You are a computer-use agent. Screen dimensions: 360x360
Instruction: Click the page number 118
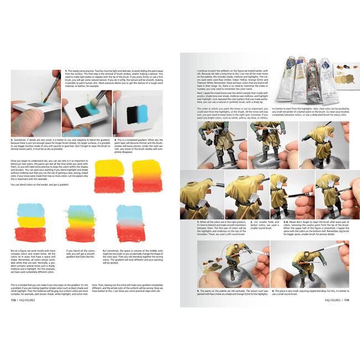[x=13, y=301]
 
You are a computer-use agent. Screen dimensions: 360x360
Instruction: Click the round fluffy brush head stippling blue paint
[x=86, y=112]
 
